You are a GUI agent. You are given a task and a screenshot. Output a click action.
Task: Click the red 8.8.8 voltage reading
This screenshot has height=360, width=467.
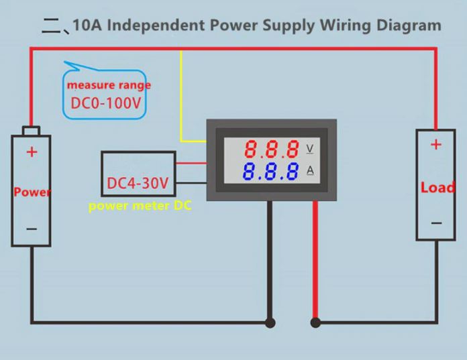point(271,148)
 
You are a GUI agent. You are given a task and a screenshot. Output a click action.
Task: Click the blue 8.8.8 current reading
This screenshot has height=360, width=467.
point(271,172)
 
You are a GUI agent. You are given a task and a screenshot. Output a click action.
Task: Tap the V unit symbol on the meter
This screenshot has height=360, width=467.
point(309,147)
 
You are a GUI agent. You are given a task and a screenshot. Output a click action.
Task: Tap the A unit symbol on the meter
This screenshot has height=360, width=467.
point(309,170)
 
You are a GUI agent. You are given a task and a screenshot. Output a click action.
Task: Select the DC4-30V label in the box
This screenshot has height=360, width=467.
point(138,183)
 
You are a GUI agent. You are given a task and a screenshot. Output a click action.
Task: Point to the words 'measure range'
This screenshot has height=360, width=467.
point(109,85)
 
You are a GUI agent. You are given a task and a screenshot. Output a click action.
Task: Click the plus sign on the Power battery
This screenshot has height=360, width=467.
point(32,152)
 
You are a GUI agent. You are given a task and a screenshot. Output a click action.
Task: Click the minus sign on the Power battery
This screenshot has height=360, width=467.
point(32,229)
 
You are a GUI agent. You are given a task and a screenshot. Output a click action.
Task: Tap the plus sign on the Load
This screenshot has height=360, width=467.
point(436,144)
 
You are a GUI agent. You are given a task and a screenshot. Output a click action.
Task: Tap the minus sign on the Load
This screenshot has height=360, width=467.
point(436,223)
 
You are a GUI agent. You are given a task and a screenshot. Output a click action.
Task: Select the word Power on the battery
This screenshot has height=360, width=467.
point(32,192)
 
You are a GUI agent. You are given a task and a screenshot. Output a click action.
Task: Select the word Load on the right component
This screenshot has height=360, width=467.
point(437,188)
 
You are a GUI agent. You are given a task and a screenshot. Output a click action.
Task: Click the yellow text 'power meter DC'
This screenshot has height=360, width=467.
point(140,206)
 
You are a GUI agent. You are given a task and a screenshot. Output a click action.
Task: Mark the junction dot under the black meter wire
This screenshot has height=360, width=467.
point(270,323)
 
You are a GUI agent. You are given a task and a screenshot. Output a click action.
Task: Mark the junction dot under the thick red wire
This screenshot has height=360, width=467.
point(315,323)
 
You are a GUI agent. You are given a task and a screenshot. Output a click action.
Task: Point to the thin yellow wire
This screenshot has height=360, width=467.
point(181,101)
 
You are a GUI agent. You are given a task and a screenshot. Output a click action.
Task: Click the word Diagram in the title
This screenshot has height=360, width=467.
point(411,25)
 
